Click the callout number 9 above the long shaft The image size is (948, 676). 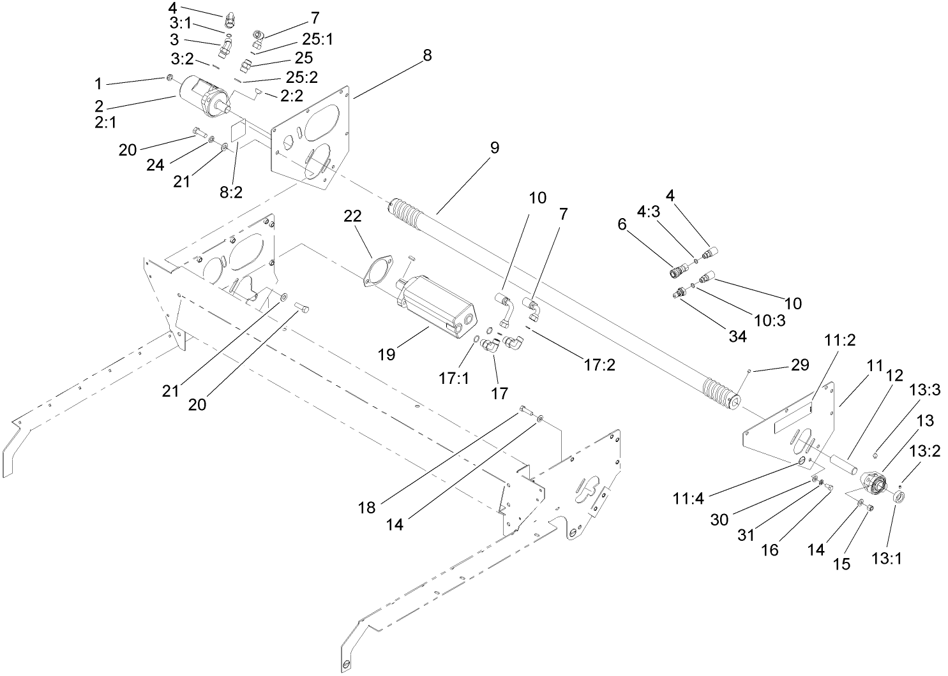click(495, 148)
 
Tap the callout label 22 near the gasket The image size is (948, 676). click(353, 216)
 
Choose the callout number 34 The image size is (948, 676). click(737, 336)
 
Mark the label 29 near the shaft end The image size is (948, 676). click(799, 365)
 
